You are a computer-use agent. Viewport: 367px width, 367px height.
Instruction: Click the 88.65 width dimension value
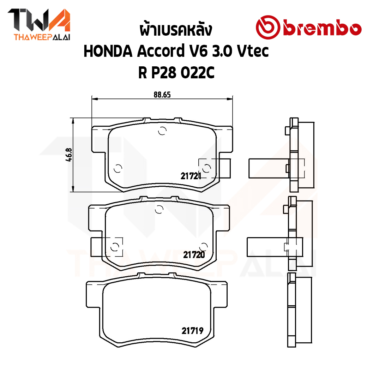tap(162, 95)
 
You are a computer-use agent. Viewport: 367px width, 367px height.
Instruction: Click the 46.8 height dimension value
tap(69, 155)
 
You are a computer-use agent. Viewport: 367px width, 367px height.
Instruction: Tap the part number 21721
tap(191, 176)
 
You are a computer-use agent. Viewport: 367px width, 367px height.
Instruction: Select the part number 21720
tap(194, 255)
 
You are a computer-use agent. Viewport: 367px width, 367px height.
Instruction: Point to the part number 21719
tap(192, 331)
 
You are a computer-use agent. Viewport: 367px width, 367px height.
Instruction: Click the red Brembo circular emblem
tap(268, 27)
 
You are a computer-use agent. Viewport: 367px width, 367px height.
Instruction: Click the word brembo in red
tap(322, 29)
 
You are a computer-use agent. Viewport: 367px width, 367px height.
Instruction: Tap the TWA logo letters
tap(39, 20)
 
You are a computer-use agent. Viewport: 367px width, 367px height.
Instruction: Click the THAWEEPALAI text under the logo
tap(42, 37)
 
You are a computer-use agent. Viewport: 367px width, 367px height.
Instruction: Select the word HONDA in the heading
tap(108, 51)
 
